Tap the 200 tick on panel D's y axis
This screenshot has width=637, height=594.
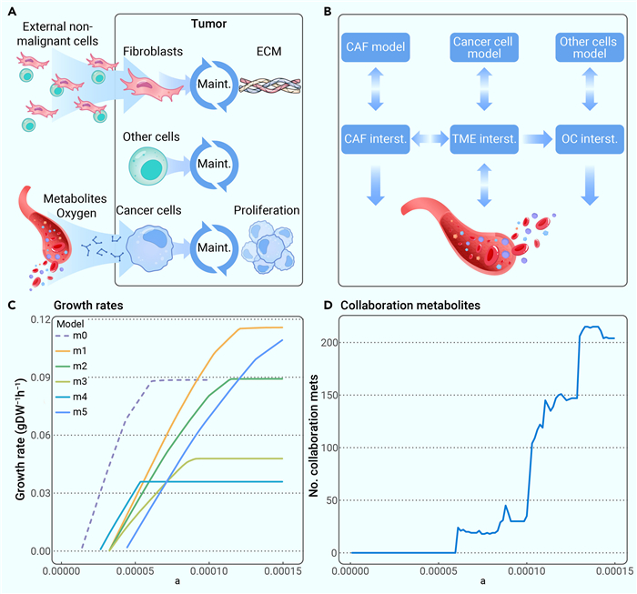point(333,342)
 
